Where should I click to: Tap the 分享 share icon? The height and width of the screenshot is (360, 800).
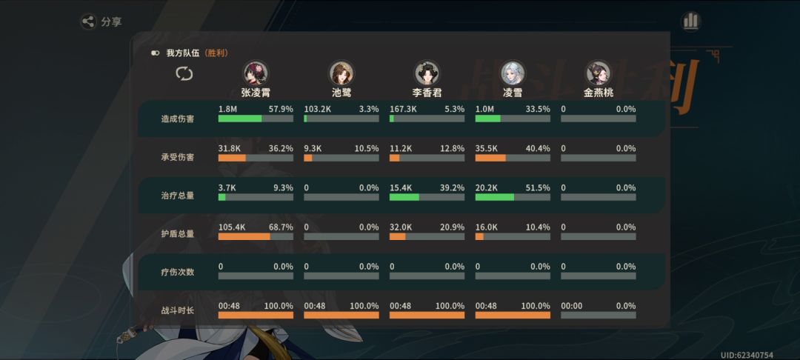[89, 21]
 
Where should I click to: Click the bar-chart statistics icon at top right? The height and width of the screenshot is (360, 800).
[691, 21]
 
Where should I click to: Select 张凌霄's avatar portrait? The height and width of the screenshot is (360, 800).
[256, 73]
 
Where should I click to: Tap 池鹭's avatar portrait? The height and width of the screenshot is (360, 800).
[341, 73]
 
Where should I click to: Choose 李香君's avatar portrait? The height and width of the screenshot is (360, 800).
[427, 73]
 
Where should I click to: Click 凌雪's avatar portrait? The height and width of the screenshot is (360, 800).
[513, 73]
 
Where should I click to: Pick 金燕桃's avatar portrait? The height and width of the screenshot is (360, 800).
[599, 73]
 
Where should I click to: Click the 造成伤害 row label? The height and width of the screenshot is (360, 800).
[178, 119]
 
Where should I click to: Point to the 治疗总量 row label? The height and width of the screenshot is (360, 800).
[178, 196]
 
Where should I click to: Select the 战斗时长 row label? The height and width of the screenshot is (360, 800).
[178, 310]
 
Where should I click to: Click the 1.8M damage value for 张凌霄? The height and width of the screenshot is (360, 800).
[227, 109]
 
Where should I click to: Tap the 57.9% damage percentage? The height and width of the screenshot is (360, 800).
[281, 109]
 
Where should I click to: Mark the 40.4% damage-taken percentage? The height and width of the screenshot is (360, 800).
[539, 148]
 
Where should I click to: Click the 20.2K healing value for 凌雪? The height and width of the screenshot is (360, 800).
[486, 187]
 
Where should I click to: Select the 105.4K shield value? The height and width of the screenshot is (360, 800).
[232, 227]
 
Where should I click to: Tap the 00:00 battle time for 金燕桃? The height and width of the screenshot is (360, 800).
[571, 306]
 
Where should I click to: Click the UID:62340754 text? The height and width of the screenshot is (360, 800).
[747, 355]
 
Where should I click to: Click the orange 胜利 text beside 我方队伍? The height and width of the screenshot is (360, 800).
[217, 53]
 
